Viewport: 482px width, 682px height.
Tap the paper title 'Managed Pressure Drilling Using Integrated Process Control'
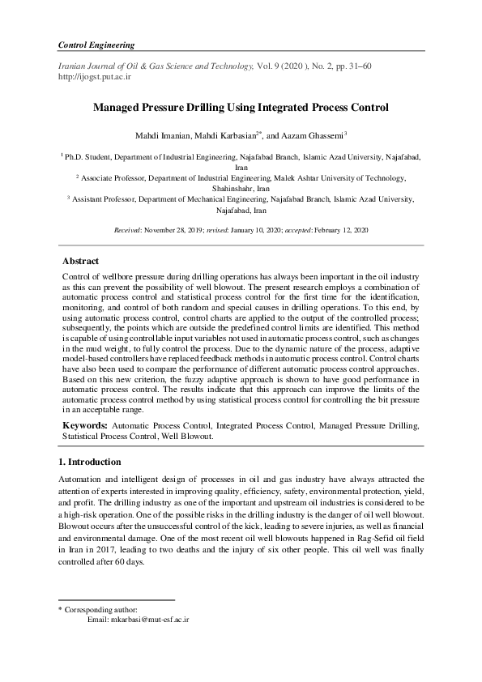(241, 108)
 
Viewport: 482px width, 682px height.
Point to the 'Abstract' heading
(81, 262)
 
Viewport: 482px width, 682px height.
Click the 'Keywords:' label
(84, 424)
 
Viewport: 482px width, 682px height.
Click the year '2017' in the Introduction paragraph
(98, 548)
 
